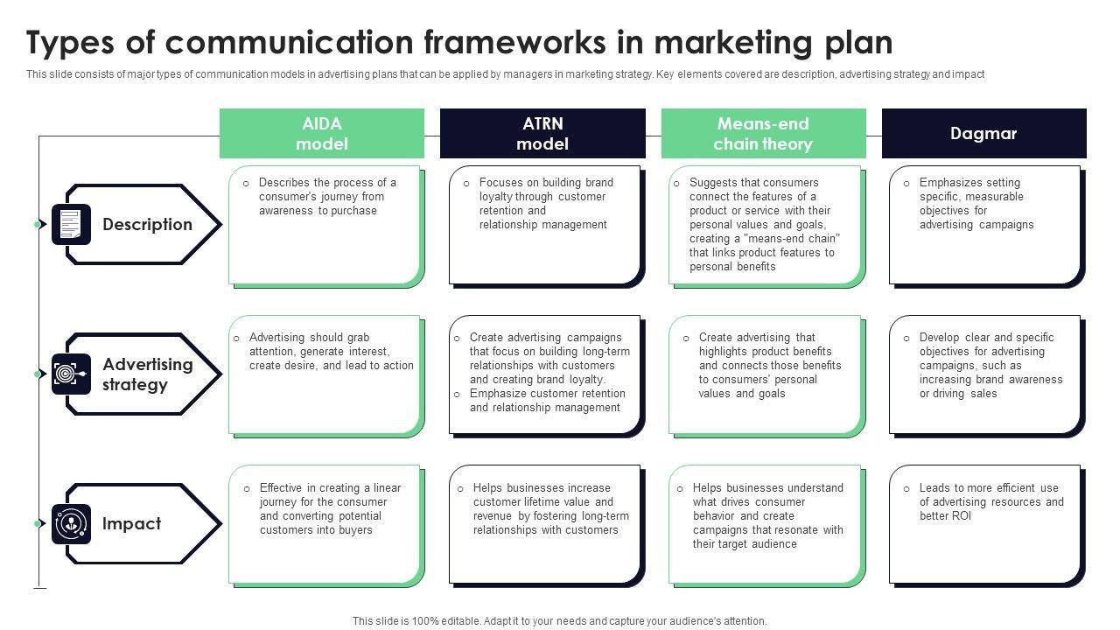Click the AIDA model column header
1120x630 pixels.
click(322, 134)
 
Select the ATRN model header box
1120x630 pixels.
click(542, 134)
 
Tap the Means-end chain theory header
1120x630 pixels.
click(763, 134)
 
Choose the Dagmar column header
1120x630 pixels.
click(983, 134)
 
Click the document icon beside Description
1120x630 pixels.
click(71, 225)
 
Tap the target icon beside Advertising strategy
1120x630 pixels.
click(71, 374)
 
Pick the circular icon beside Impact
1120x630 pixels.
click(71, 524)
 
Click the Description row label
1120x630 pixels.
click(147, 225)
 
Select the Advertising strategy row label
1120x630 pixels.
click(147, 374)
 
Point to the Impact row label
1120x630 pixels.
click(131, 524)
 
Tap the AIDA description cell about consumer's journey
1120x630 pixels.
click(325, 225)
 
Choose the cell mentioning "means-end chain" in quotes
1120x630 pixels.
click(766, 225)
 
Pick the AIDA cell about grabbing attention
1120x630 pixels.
click(325, 374)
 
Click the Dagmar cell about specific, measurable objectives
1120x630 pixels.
click(986, 225)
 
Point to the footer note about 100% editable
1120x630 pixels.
click(560, 621)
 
